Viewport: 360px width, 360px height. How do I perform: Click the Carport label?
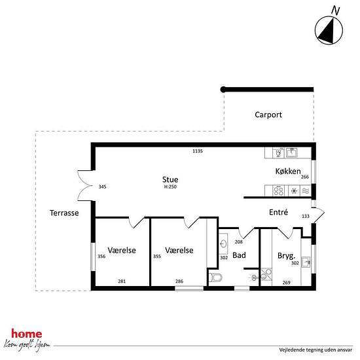coord(268,115)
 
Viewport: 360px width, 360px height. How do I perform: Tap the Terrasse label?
coord(64,213)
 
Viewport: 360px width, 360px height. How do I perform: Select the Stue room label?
coord(170,179)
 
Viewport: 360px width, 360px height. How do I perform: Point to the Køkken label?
coord(288,171)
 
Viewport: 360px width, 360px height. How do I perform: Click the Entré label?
coord(278,212)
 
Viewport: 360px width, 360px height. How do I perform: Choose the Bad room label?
coord(239,255)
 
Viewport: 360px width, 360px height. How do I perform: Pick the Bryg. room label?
coord(286,255)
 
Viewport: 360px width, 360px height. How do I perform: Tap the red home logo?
coord(27,334)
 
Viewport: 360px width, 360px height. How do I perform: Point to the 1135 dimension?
coord(198,151)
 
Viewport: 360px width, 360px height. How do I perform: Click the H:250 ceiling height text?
coord(170,187)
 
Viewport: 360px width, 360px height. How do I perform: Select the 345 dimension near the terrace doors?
coord(102,187)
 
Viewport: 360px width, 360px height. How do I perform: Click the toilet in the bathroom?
coord(215,278)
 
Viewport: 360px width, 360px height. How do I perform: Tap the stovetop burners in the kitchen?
coord(278,190)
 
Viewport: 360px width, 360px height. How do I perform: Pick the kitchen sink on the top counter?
coord(291,153)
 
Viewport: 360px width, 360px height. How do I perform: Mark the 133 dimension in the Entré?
coord(306,216)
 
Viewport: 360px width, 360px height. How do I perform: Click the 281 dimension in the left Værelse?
coord(122,281)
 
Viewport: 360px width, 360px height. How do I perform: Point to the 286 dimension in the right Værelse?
coord(179,281)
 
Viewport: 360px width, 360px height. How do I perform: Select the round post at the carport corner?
coord(223,89)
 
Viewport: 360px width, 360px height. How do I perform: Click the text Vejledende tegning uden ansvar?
coord(315,350)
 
